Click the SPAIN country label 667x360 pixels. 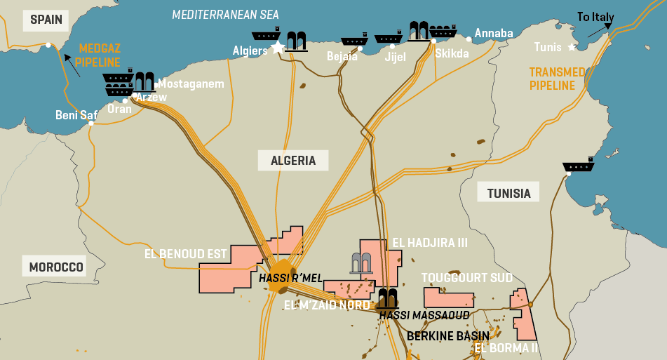[47, 20]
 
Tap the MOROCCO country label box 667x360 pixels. [56, 267]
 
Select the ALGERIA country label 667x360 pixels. [293, 161]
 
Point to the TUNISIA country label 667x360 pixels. [508, 192]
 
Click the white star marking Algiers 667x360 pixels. [278, 47]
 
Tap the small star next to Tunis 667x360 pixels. [572, 47]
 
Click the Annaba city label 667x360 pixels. [494, 33]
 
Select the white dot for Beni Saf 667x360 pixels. [91, 124]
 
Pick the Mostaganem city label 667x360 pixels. [191, 84]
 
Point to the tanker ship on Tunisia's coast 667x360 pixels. [579, 167]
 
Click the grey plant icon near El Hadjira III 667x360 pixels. [361, 262]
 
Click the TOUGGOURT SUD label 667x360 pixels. [466, 278]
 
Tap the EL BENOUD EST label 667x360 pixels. [185, 254]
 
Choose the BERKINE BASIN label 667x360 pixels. [448, 335]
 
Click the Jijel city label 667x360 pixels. [395, 57]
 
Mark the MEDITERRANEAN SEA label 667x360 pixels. [225, 14]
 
